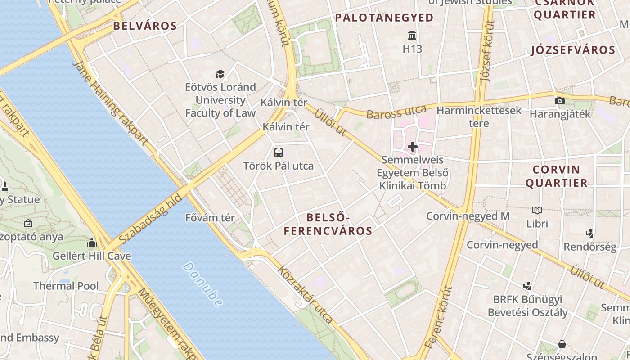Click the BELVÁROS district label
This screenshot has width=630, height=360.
tap(145, 26)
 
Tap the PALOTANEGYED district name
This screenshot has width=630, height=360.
tap(384, 18)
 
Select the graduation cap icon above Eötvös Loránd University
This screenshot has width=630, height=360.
tap(220, 74)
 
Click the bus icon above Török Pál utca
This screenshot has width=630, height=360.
tap(279, 152)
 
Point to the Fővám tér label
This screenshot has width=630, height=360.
tap(210, 218)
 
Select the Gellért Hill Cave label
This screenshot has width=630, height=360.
tap(92, 256)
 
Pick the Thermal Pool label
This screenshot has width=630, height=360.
tap(66, 286)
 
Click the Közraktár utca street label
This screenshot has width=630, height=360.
tap(306, 295)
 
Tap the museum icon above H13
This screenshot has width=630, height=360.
tap(412, 35)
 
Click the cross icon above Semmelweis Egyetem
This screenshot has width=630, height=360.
tap(413, 147)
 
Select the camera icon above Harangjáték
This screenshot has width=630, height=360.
tap(560, 101)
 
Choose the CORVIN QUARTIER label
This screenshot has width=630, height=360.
tap(557, 176)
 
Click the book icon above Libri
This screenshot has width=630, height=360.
tap(537, 210)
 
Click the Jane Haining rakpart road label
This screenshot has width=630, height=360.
tap(110, 104)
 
